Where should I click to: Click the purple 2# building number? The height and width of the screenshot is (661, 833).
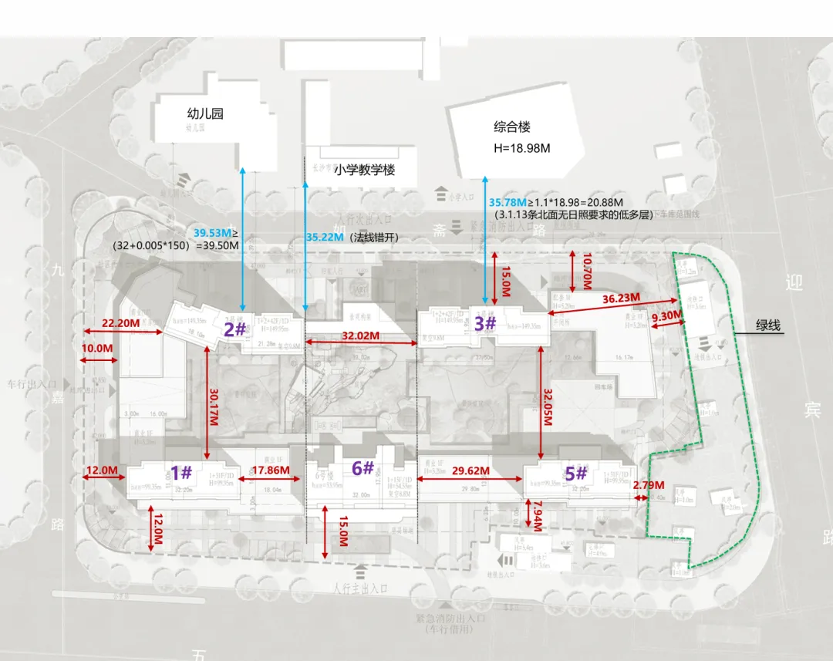click(235, 329)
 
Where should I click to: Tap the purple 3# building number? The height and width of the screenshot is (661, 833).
click(484, 324)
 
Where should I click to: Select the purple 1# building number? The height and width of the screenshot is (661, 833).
click(180, 472)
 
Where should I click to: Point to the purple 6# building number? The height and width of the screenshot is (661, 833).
click(363, 467)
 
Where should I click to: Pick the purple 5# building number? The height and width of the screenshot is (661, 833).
click(575, 474)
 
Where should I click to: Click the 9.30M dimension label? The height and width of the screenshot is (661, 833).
click(667, 315)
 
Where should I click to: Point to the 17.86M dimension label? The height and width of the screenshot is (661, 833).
click(271, 470)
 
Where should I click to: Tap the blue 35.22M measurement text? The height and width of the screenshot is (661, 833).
click(325, 238)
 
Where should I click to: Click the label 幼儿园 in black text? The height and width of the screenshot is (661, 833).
click(205, 113)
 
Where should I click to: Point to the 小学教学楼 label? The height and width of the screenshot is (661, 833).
click(365, 170)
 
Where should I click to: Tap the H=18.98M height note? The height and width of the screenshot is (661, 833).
click(527, 147)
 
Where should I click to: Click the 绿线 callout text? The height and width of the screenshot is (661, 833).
click(768, 325)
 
